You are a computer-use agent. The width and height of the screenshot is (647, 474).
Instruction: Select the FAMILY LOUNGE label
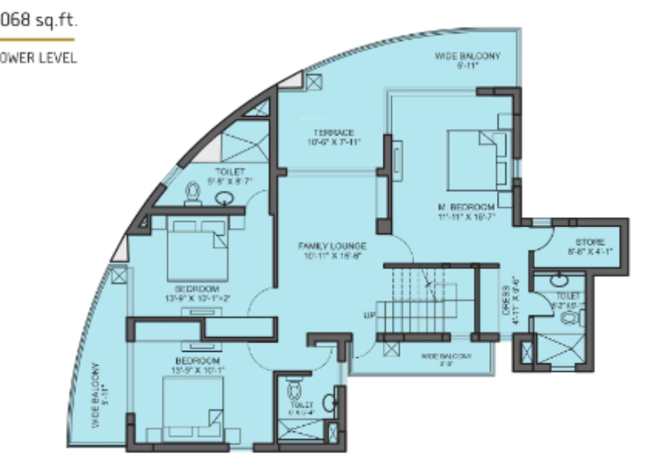(x=332, y=246)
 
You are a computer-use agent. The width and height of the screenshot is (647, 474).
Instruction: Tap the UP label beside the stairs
(x=369, y=316)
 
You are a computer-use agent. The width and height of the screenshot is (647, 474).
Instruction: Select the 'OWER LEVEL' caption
(x=39, y=58)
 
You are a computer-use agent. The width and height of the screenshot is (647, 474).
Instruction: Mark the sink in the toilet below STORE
(x=558, y=281)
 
